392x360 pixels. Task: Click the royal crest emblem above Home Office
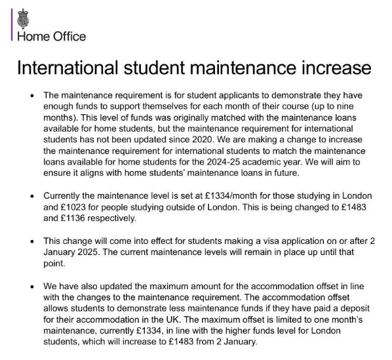point(24,18)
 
